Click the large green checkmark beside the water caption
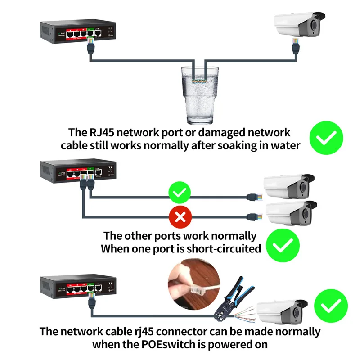point(326,138)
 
